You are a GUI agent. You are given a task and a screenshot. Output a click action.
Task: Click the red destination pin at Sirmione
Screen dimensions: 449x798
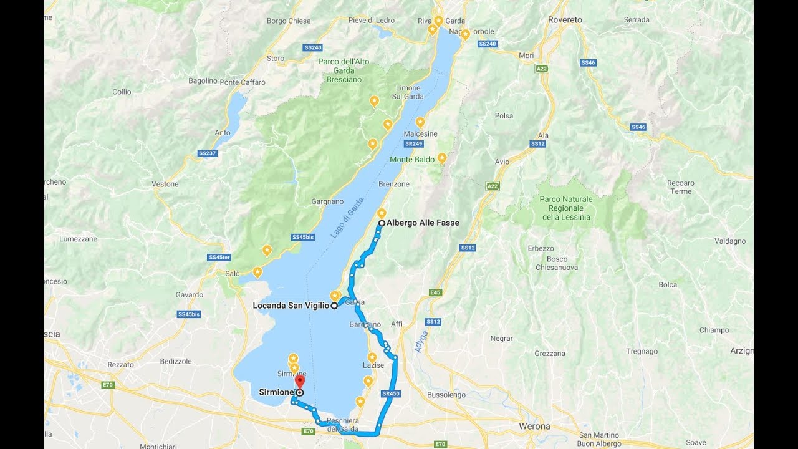tap(299, 381)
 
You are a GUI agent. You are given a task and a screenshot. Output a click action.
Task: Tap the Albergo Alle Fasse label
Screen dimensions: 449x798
tap(423, 223)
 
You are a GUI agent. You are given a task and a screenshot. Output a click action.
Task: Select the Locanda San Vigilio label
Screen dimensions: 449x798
tap(291, 306)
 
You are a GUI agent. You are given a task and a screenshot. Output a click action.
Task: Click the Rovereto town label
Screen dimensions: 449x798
tap(565, 20)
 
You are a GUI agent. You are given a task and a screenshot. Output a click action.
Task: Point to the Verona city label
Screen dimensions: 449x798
tap(534, 427)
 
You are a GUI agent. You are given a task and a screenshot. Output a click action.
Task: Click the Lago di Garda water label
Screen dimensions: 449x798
tap(347, 222)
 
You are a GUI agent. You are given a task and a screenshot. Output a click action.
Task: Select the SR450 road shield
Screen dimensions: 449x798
tap(390, 393)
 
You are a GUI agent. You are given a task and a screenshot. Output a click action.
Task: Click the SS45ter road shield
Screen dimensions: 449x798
tap(219, 257)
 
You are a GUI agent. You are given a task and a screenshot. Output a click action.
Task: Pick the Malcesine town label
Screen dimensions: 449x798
tap(420, 134)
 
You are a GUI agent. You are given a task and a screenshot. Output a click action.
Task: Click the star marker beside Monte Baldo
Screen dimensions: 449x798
tap(442, 158)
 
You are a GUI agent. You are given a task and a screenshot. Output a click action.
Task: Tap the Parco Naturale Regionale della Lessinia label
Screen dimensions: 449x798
tap(565, 208)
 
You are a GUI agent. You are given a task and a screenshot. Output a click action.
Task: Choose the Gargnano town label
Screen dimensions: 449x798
tap(327, 202)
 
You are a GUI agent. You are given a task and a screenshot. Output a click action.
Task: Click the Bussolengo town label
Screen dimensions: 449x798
tap(446, 395)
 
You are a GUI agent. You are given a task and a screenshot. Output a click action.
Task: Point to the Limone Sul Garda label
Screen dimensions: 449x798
tap(408, 92)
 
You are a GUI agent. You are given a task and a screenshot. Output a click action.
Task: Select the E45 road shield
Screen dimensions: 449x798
tap(435, 292)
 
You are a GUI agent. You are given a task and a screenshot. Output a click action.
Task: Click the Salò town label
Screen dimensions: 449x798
tap(233, 274)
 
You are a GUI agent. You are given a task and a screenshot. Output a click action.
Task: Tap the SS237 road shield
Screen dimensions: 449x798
tap(207, 153)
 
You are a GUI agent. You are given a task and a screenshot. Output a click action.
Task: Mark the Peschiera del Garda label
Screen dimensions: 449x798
tap(341, 425)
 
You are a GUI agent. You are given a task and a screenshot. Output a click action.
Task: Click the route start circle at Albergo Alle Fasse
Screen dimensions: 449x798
tap(381, 223)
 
